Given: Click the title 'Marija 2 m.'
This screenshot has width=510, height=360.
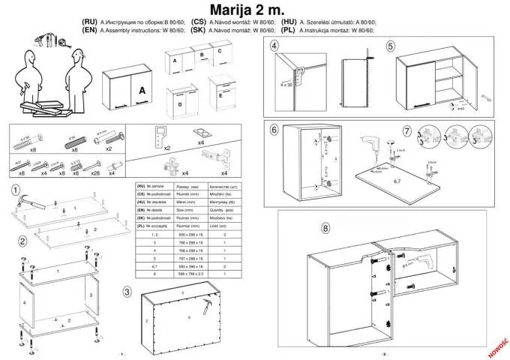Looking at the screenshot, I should pos(255,10).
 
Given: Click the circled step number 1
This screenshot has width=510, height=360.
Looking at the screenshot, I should pos(16,190).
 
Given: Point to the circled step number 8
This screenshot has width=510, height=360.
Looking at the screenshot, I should pos(325,228).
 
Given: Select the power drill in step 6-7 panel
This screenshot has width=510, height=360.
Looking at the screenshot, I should pos(371,141).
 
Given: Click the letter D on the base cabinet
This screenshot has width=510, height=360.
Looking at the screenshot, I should pos(180,106).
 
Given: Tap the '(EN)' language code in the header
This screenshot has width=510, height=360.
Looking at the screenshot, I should pos(88,31).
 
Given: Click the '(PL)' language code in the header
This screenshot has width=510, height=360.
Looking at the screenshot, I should pos(289,31).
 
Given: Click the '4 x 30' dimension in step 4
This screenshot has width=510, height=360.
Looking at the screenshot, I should pos(286,85).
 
